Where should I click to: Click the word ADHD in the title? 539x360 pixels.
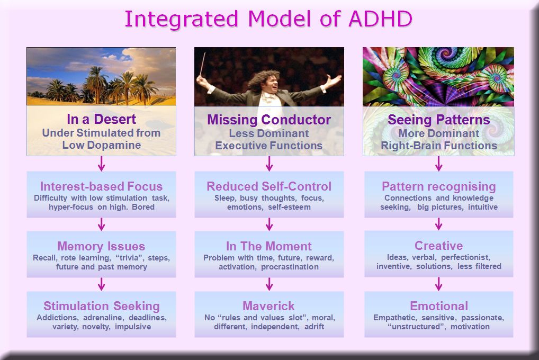[x=380, y=19]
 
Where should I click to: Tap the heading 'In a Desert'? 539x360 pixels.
[x=102, y=119]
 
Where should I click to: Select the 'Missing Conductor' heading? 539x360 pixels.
[x=269, y=120]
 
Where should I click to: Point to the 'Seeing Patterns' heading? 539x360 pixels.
[x=438, y=120]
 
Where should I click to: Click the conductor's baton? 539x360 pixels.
[x=202, y=64]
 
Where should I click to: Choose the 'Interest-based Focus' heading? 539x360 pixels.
[x=102, y=186]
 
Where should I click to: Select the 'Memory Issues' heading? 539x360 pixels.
[x=101, y=246]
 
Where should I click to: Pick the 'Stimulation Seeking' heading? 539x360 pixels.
[x=102, y=306]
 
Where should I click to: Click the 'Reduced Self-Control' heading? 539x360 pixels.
[x=269, y=186]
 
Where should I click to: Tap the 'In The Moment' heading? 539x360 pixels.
[x=269, y=246]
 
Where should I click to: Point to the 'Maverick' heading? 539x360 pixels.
[x=268, y=306]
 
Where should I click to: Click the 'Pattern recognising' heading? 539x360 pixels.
[x=438, y=187]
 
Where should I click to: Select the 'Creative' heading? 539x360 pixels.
[x=438, y=246]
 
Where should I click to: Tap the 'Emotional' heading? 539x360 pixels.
[x=439, y=306]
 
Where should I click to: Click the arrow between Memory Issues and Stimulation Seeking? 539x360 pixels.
[x=101, y=284]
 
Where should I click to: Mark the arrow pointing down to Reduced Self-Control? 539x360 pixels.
[x=269, y=164]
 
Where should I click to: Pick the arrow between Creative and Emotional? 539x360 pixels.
[x=438, y=284]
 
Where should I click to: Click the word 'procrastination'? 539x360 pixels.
[x=290, y=267]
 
